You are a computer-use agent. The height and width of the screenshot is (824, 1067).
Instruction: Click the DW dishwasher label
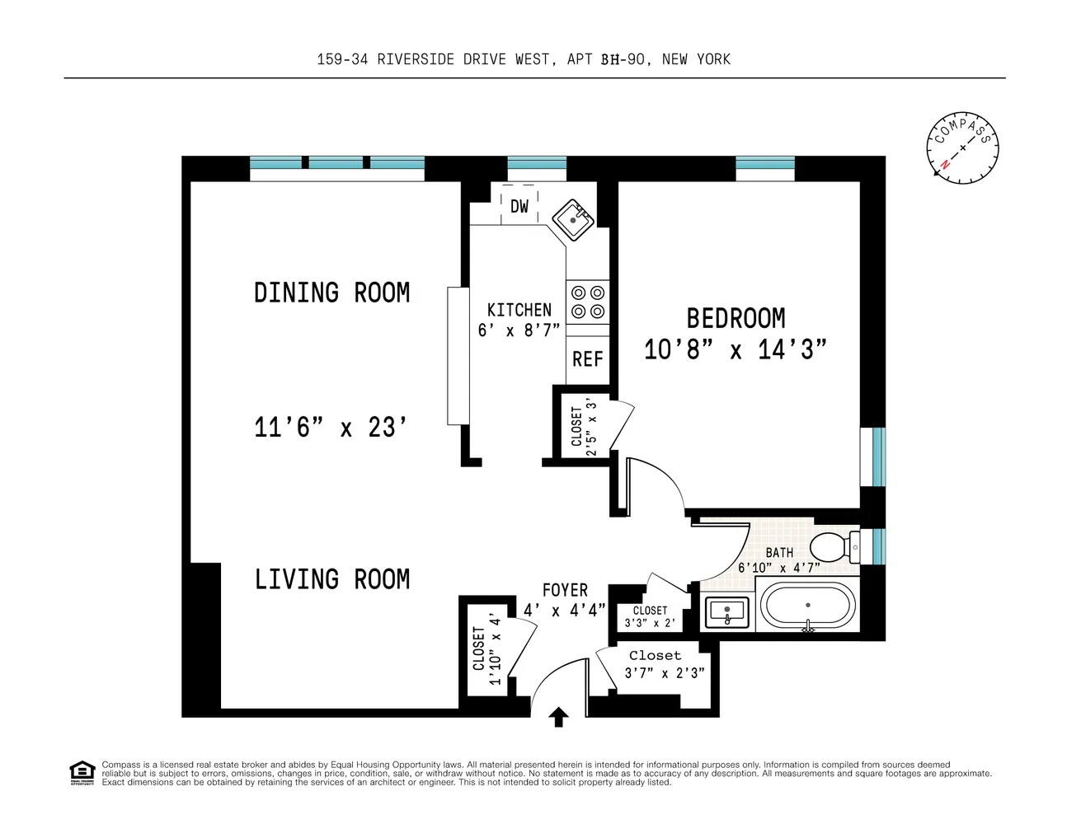[519, 207]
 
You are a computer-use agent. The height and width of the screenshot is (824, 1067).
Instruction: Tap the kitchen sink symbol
[573, 220]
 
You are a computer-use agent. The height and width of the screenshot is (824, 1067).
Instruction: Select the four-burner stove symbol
[588, 302]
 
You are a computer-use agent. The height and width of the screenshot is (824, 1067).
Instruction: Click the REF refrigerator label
[587, 359]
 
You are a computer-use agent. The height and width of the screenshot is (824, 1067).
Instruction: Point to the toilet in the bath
[834, 547]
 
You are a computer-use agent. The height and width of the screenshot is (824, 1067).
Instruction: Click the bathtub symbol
[808, 605]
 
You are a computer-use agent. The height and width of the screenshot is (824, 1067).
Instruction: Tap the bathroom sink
[726, 612]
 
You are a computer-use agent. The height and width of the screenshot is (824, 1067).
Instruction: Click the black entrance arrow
[558, 717]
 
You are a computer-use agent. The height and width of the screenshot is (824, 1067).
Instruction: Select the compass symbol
[962, 147]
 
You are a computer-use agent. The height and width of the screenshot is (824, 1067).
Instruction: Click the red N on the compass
[944, 164]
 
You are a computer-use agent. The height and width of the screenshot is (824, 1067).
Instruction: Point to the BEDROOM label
[736, 318]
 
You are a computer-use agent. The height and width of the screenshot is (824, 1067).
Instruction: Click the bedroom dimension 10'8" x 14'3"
[735, 349]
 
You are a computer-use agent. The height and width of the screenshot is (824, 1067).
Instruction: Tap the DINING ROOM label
[332, 293]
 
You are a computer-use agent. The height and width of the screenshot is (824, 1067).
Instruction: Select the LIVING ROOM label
[332, 578]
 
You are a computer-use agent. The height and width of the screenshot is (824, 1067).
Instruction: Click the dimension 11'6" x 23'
[331, 427]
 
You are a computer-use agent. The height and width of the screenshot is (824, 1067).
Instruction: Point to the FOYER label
[565, 589]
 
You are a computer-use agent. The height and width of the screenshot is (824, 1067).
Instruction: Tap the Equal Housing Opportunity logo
[82, 773]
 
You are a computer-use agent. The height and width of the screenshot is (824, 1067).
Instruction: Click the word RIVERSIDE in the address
[416, 59]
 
